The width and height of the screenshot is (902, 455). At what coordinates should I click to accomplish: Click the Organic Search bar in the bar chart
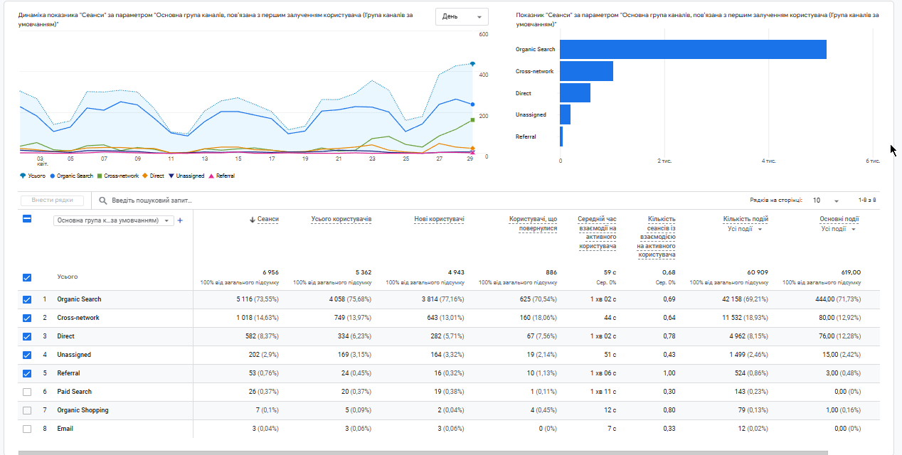(692, 49)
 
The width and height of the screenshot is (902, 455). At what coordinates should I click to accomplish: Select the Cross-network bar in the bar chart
(586, 71)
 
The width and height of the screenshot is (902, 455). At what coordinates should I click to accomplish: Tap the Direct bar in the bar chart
(575, 93)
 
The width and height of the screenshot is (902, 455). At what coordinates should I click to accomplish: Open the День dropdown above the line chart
(462, 16)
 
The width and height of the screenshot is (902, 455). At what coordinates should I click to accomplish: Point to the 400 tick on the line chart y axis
(484, 75)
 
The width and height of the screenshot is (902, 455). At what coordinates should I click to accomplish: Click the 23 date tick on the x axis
(372, 159)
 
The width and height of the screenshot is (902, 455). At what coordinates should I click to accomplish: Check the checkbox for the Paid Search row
(27, 392)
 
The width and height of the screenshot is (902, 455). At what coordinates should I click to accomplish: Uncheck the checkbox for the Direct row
(27, 336)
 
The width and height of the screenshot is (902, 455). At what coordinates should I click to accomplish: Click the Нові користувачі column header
(439, 220)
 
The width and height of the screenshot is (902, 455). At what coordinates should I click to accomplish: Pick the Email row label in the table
(65, 429)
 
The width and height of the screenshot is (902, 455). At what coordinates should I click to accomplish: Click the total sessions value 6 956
(270, 272)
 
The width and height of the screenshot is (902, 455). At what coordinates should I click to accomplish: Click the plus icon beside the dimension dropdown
(180, 220)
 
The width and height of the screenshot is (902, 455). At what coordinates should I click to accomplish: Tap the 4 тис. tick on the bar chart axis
(768, 161)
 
